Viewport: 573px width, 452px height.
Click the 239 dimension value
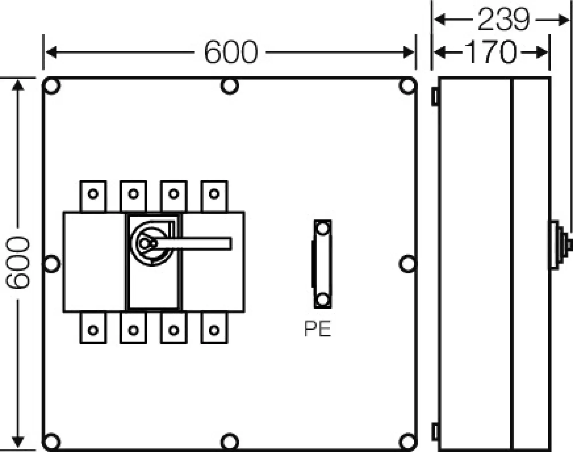(503, 19)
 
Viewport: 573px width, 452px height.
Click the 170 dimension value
(490, 52)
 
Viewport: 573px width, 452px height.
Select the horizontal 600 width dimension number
(231, 52)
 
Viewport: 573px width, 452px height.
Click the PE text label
(317, 329)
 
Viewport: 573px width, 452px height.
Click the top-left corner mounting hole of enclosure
(52, 86)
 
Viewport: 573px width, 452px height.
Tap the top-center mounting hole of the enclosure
(229, 86)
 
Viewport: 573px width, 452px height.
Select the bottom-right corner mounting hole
(407, 441)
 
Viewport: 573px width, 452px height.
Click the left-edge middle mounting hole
(52, 264)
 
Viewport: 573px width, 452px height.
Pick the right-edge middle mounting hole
(407, 264)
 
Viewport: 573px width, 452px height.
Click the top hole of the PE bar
(323, 229)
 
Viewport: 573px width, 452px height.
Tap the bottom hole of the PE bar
(323, 300)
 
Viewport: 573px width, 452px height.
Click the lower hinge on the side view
(435, 431)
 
